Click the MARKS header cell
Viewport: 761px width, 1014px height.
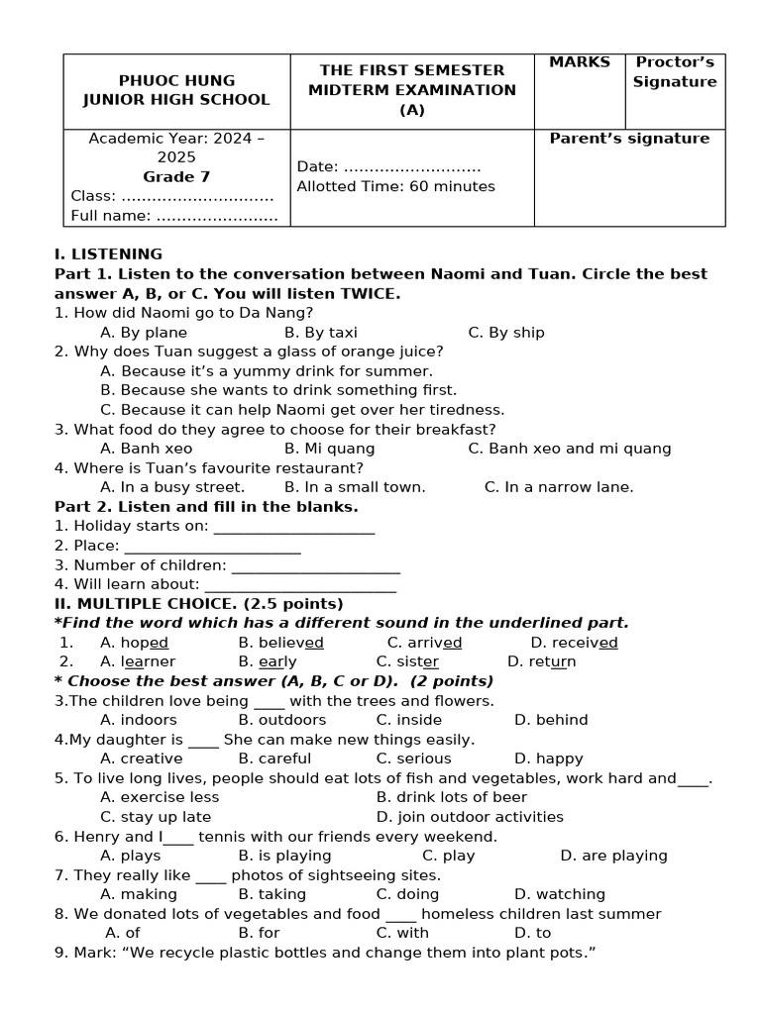(x=580, y=62)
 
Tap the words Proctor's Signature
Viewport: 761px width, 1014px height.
(x=675, y=72)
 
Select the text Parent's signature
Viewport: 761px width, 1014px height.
(x=629, y=139)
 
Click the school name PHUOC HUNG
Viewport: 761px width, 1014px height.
(x=176, y=80)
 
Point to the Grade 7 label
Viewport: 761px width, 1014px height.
(x=176, y=177)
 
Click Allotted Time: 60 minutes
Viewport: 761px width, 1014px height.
(x=395, y=186)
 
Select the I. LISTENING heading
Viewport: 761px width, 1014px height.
(x=108, y=254)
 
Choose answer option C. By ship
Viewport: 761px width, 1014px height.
(x=506, y=333)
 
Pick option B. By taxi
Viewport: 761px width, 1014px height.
(x=320, y=333)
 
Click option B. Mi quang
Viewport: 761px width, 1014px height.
(x=329, y=449)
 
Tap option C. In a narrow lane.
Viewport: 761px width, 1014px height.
(x=558, y=487)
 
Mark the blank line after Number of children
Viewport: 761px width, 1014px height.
(x=315, y=565)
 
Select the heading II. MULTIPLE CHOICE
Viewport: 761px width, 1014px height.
(x=198, y=604)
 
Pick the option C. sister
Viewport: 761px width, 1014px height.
(x=407, y=661)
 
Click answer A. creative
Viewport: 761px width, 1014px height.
(x=142, y=759)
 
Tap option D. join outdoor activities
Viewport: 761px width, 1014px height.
(x=470, y=817)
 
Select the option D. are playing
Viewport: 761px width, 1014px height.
(x=613, y=856)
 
